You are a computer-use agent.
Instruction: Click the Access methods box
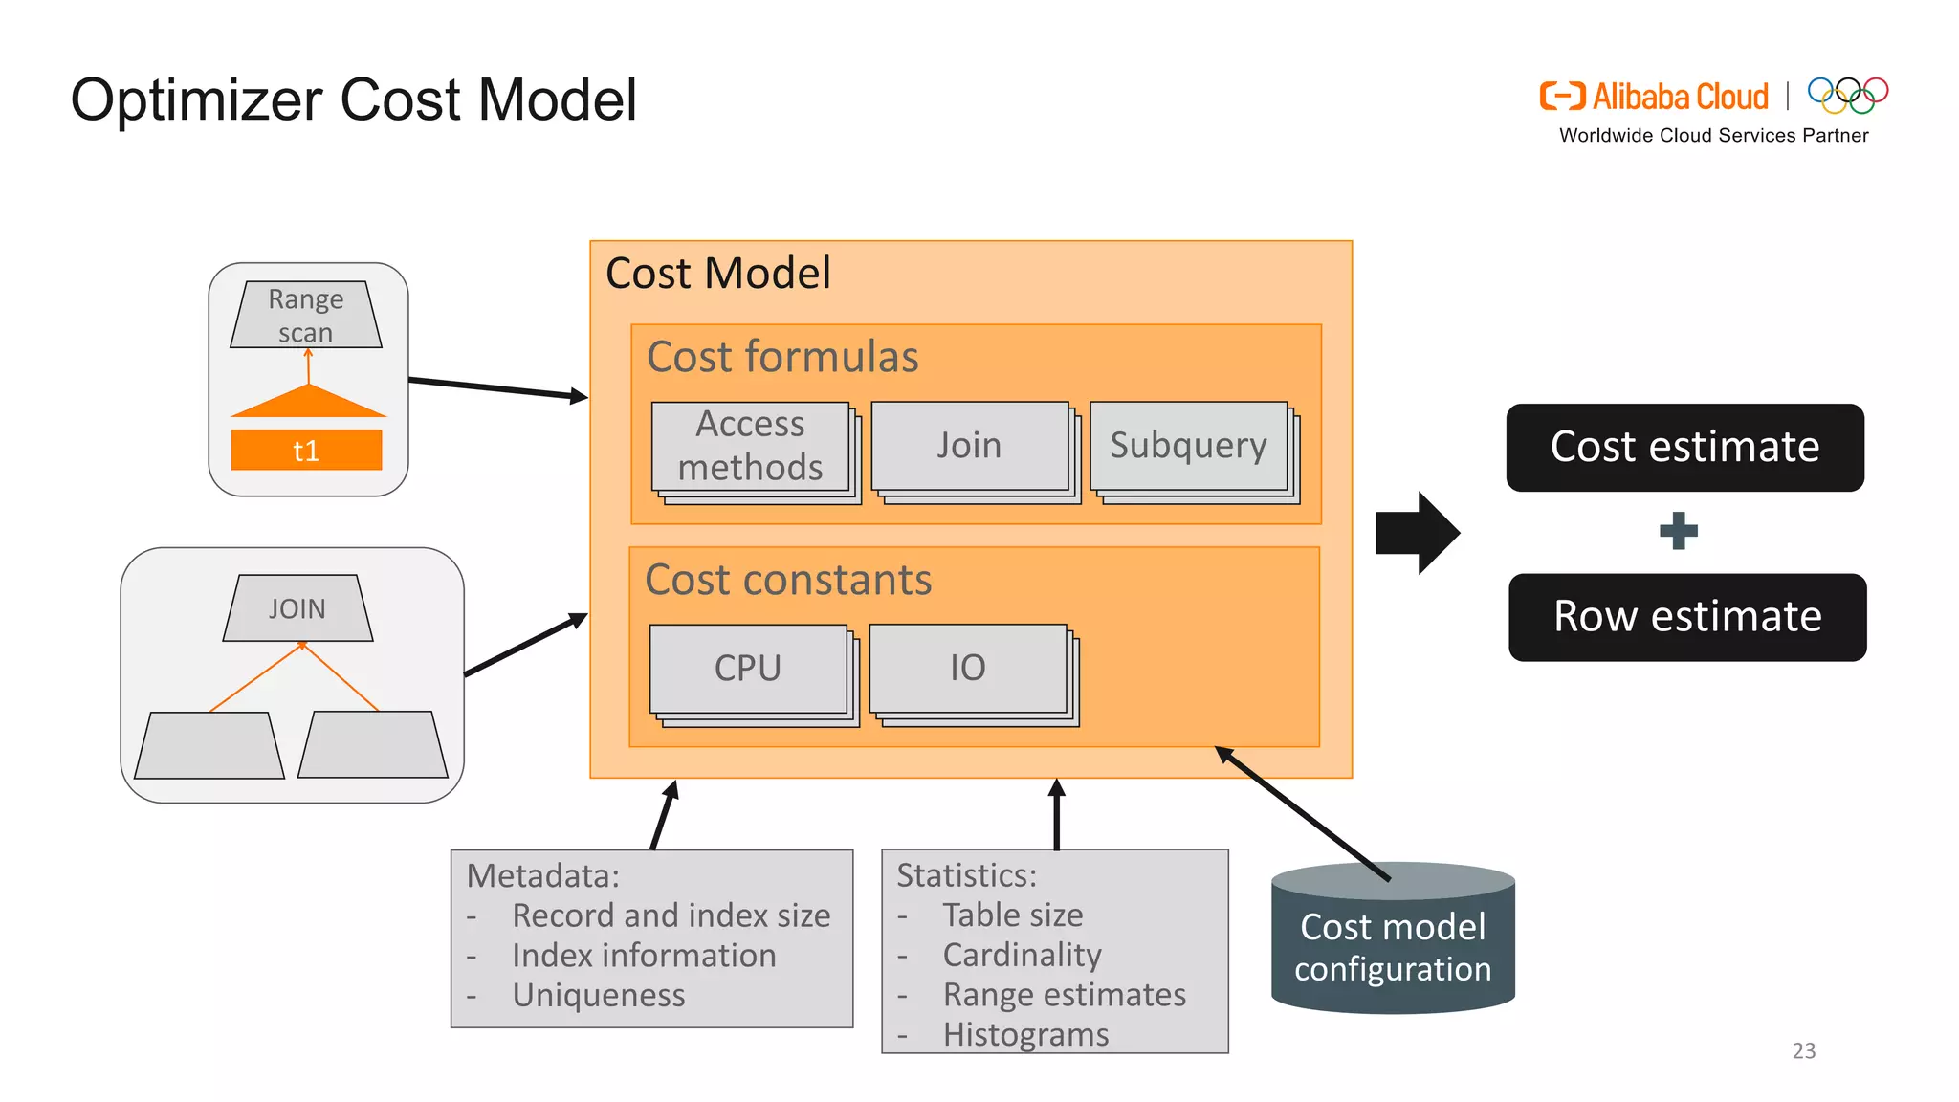751,446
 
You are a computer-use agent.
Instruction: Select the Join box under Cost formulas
969,446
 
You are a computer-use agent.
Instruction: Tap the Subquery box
1188,446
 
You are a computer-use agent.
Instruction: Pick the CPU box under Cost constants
748,668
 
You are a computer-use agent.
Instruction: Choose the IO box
967,668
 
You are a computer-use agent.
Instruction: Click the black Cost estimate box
1684,448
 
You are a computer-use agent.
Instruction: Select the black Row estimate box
1687,617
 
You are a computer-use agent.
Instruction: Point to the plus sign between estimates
1679,531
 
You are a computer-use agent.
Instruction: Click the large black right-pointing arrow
1417,533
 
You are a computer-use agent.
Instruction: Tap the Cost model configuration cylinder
1393,947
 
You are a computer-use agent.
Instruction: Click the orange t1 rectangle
306,451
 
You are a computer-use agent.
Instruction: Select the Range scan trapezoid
306,315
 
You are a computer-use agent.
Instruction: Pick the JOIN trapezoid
297,608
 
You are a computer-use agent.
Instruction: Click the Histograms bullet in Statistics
1025,1034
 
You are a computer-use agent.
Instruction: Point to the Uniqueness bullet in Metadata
599,995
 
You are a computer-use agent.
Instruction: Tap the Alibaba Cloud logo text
1680,97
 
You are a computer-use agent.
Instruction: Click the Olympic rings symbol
1847,95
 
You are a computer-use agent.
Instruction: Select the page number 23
1803,1050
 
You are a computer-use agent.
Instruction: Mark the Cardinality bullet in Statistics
1022,955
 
